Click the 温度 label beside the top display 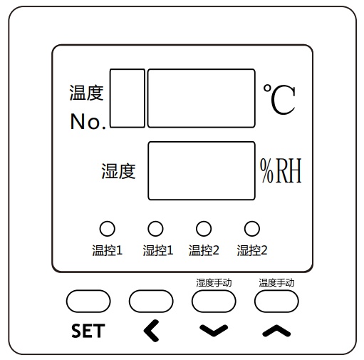pos(86,93)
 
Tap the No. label pos(88,121)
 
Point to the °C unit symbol pos(279,99)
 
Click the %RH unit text pos(281,170)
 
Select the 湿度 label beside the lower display pos(118,171)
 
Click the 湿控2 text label pos(252,250)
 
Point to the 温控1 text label pos(108,250)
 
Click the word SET pos(88,331)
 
